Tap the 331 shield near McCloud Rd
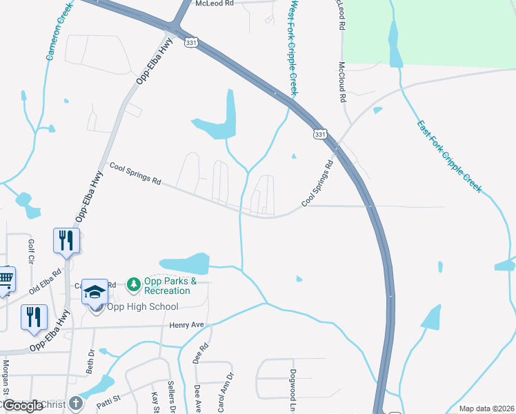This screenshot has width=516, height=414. click(319, 135)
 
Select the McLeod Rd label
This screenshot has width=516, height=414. click(215, 3)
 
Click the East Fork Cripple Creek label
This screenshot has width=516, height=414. click(449, 157)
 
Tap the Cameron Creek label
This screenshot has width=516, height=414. click(59, 31)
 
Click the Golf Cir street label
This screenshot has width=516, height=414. click(31, 252)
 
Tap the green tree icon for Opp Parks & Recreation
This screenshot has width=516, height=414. click(133, 283)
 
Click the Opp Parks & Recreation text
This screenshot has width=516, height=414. click(170, 286)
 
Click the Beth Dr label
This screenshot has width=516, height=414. click(90, 362)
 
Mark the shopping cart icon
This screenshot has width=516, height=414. click(5, 279)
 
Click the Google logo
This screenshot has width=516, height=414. click(23, 406)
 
